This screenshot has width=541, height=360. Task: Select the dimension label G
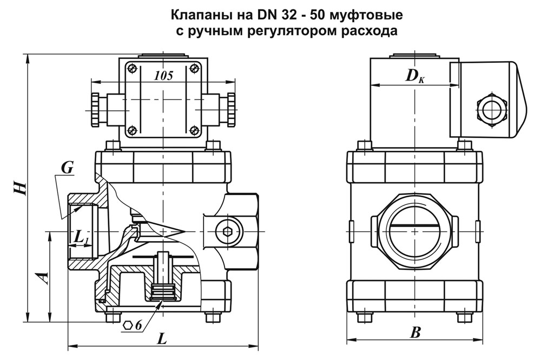click(67, 168)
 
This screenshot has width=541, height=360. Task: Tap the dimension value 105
click(163, 76)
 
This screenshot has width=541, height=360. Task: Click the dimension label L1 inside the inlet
click(81, 236)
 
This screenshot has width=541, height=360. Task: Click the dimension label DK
click(415, 76)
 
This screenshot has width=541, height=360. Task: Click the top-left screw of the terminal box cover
click(131, 68)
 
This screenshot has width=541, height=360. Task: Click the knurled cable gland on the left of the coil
click(95, 108)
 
